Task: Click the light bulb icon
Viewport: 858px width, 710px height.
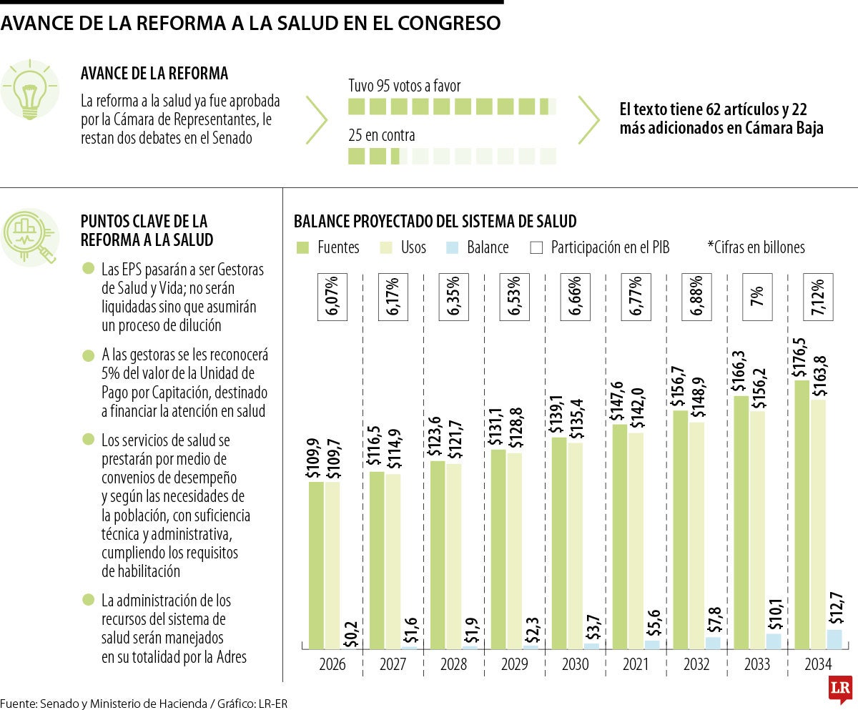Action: tap(30, 90)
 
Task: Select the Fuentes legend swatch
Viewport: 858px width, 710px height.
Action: tap(302, 247)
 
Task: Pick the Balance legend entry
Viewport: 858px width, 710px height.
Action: tap(478, 247)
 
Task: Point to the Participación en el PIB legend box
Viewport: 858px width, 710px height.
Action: tap(537, 247)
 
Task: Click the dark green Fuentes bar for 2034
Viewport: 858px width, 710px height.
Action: tap(802, 515)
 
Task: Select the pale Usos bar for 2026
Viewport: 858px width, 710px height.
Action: tap(332, 565)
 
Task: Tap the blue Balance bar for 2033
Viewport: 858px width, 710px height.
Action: tap(774, 641)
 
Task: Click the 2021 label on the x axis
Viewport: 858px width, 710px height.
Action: tap(636, 664)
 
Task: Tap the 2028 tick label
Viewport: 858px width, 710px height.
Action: tap(453, 664)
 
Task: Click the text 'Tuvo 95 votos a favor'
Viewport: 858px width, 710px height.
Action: tap(404, 86)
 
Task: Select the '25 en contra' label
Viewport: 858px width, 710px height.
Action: tap(381, 135)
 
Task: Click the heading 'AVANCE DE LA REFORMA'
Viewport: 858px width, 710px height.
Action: tap(154, 73)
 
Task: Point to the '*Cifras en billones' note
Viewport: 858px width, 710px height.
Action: tap(756, 247)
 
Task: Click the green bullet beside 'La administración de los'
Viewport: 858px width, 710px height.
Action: tap(88, 599)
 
